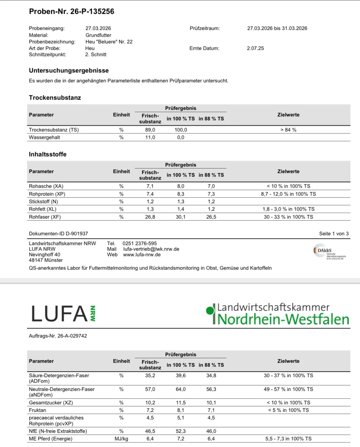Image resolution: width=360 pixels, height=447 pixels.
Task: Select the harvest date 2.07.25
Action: [x=255, y=48]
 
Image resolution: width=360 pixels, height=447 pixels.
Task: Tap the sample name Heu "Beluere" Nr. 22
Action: [x=109, y=42]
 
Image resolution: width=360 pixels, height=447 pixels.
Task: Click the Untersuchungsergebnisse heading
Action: [x=69, y=70]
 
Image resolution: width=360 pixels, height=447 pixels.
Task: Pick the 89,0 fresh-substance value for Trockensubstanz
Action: [x=150, y=130]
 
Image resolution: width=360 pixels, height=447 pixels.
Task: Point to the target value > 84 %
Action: [x=288, y=130]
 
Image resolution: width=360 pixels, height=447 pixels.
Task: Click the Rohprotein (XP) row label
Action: [x=47, y=194]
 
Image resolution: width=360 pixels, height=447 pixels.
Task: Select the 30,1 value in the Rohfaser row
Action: [x=181, y=217]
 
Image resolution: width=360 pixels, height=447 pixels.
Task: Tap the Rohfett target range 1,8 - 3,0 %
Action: [x=288, y=209]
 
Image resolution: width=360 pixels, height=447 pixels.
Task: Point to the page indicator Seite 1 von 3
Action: [x=334, y=233]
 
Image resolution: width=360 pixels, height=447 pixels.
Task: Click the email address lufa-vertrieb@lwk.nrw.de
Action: [x=151, y=249]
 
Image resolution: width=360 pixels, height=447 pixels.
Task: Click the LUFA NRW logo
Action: [x=63, y=313]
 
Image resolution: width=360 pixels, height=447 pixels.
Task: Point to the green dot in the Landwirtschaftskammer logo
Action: [x=209, y=310]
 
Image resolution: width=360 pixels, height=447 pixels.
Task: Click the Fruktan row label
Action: [x=38, y=410]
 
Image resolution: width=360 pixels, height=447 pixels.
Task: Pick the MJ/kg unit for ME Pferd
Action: [x=121, y=438]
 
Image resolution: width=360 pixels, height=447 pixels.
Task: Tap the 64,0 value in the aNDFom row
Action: [x=181, y=389]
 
